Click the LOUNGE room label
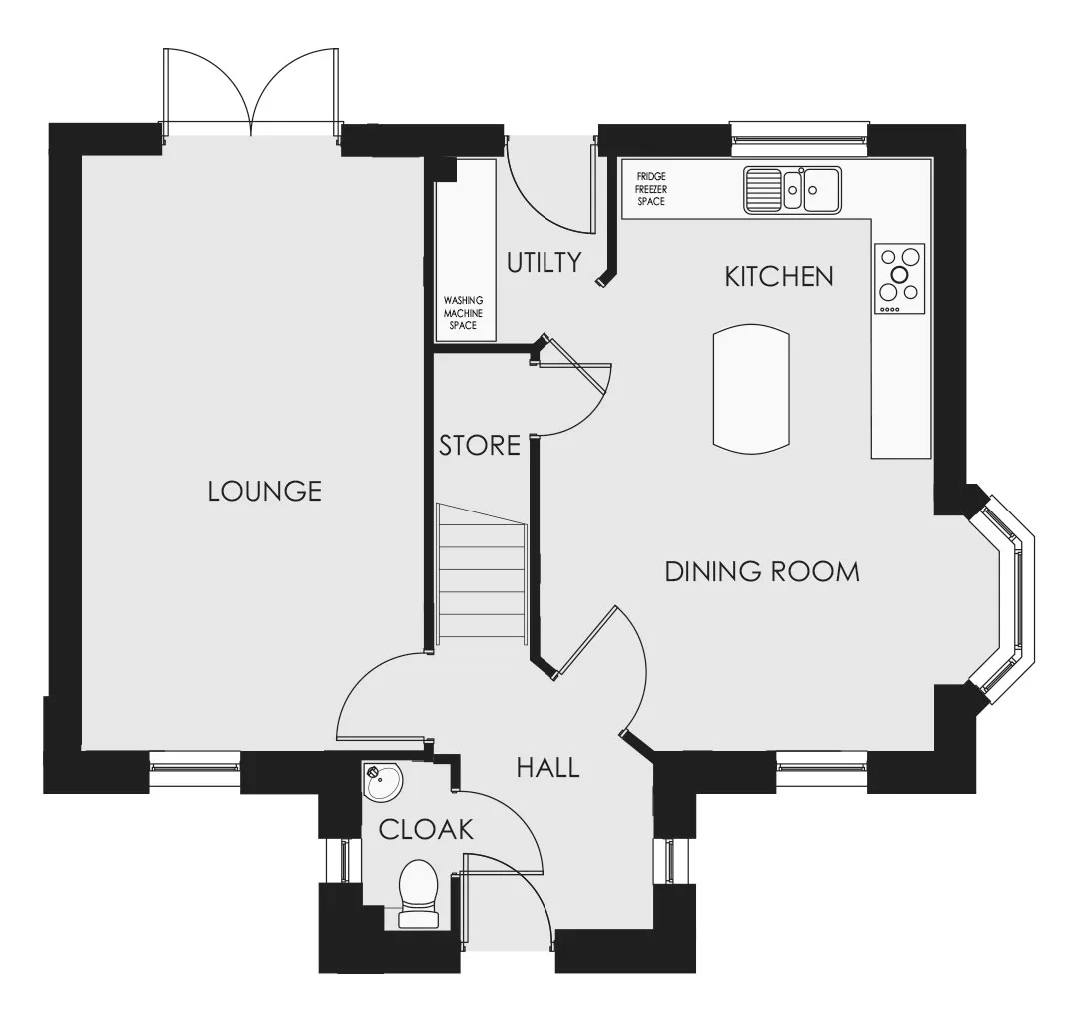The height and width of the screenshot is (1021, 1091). click(265, 492)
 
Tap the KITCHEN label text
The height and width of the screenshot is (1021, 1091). click(779, 277)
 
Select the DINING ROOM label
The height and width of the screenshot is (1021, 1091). click(762, 572)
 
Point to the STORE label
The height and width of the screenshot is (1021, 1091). click(480, 445)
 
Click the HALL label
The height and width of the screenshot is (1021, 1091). click(548, 767)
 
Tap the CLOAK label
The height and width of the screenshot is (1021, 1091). click(426, 829)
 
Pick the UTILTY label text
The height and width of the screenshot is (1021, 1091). click(545, 263)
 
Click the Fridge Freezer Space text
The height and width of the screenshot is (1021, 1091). click(651, 189)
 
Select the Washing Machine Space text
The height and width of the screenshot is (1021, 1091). click(463, 313)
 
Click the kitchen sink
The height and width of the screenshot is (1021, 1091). click(792, 189)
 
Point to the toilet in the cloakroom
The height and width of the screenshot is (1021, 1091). click(418, 894)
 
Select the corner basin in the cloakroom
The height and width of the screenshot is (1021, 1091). click(382, 781)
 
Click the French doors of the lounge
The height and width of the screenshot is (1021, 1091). click(251, 91)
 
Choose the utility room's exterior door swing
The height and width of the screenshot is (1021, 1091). click(549, 185)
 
